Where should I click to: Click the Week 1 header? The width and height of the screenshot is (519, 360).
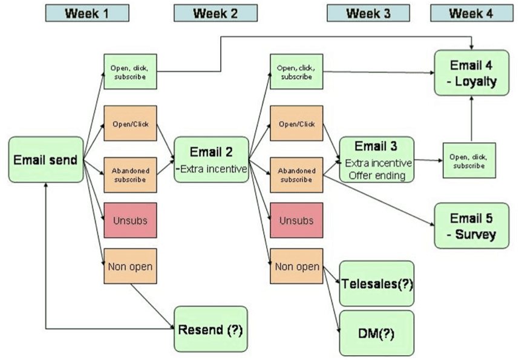(87, 13)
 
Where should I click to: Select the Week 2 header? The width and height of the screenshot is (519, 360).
(215, 13)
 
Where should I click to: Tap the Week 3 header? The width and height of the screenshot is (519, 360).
(367, 13)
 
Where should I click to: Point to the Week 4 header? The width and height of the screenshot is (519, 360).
(471, 13)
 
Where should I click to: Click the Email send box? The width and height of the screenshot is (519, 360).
(46, 160)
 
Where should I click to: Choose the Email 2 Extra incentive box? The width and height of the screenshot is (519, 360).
(211, 160)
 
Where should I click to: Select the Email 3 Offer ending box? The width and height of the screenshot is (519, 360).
(377, 160)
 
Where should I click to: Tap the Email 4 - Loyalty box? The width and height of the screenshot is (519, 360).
(471, 73)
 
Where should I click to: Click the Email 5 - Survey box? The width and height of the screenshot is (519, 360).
(471, 225)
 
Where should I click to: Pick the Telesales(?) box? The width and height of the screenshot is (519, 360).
(377, 283)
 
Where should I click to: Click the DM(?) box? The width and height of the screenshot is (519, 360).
(377, 332)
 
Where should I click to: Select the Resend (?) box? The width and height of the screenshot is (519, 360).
(211, 329)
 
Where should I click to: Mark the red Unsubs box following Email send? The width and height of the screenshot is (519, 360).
(130, 221)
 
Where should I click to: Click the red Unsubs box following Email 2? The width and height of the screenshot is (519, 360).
(296, 221)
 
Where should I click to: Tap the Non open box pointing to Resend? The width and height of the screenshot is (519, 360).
(130, 266)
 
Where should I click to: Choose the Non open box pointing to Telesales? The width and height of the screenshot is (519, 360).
(296, 266)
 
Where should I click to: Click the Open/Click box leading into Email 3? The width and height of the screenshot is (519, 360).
(296, 123)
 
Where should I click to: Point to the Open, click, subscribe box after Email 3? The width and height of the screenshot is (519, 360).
(469, 160)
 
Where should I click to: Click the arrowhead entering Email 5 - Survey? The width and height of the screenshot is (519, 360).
(431, 224)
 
